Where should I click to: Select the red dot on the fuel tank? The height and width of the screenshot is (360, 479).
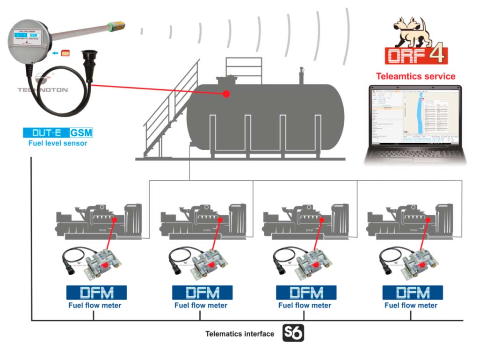click(226, 94)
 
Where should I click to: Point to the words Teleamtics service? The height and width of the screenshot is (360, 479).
click(416, 76)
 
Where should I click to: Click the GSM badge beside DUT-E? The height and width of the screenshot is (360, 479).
click(81, 133)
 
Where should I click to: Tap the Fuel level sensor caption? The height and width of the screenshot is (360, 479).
click(58, 143)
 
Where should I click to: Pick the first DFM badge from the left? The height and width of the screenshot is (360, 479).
click(96, 293)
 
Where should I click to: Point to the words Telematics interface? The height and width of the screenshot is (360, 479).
click(239, 334)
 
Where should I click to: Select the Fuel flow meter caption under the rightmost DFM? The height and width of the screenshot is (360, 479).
click(411, 306)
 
